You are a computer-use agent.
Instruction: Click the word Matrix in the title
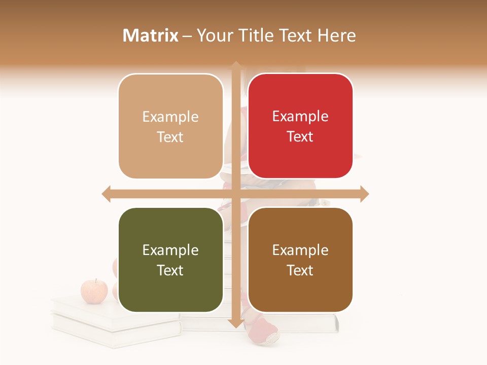point(151,35)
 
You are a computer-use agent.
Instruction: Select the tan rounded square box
point(170,126)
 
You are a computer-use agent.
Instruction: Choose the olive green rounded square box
point(170,260)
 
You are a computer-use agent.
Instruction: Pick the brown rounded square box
point(300,260)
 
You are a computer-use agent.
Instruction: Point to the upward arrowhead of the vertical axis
point(236,66)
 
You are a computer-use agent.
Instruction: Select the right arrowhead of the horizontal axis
point(364,194)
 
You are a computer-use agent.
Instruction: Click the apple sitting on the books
point(94,291)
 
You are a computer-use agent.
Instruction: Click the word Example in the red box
point(300,117)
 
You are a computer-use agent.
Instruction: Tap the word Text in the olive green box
point(170,270)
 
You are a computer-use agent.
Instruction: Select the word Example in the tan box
point(170,117)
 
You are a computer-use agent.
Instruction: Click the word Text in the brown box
point(300,270)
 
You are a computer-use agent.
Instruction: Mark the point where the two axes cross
point(236,194)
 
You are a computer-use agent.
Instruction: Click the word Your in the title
point(214,35)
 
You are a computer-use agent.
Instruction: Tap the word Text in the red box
point(300,136)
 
